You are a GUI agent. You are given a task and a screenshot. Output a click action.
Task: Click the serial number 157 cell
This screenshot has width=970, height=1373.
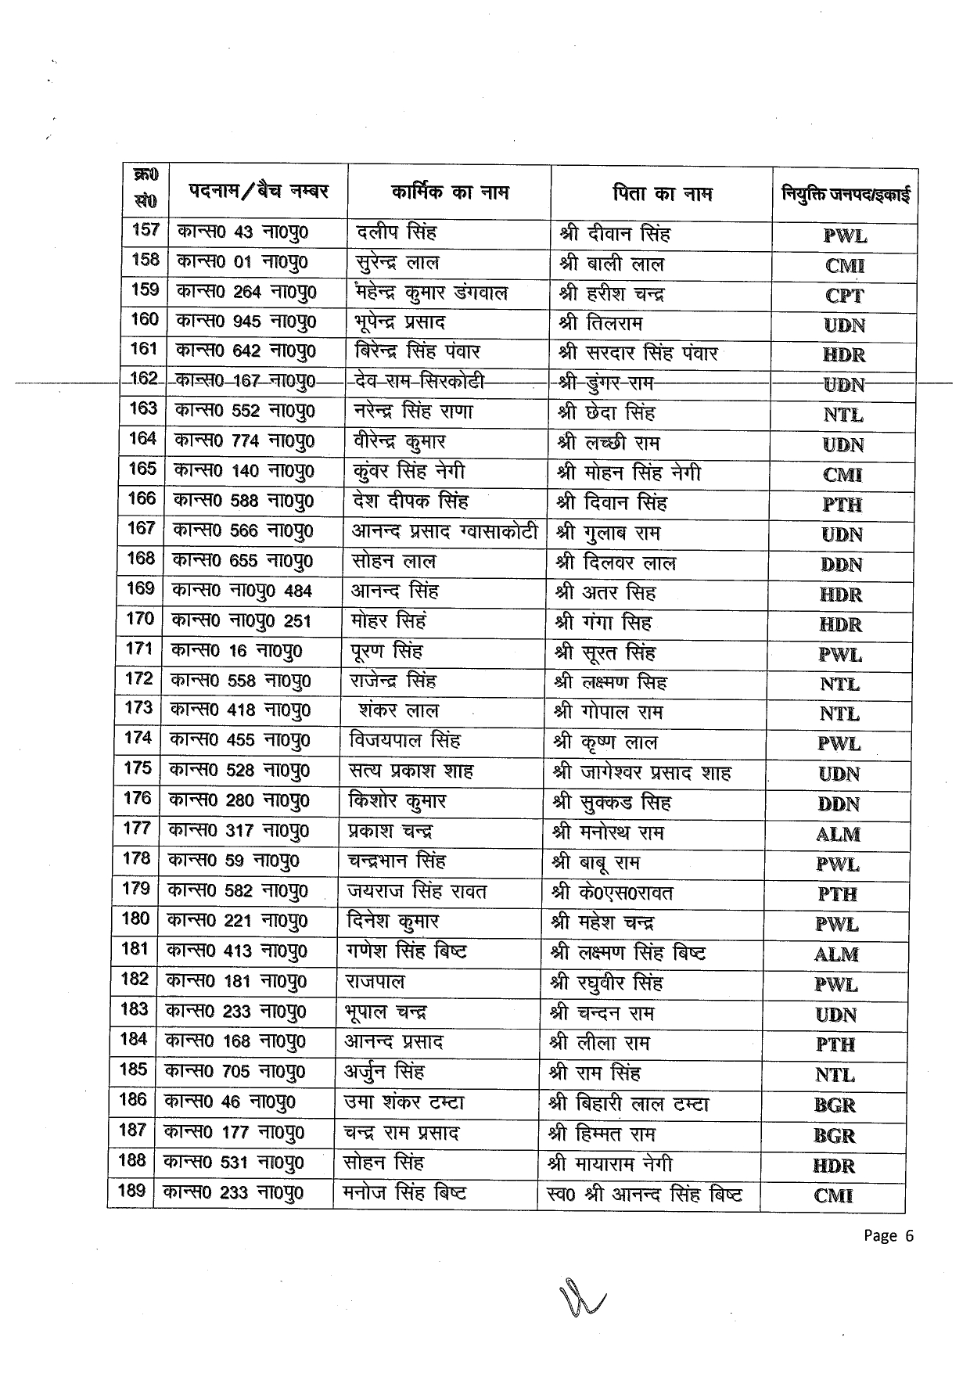click(145, 231)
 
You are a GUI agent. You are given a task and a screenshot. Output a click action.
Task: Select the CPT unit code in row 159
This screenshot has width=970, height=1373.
click(845, 296)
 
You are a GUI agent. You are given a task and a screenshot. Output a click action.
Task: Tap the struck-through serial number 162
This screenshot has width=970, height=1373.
click(144, 379)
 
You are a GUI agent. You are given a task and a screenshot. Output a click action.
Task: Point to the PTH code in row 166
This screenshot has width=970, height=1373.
click(842, 505)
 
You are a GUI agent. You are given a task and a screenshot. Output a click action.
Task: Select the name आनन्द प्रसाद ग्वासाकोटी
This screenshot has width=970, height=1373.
click(444, 532)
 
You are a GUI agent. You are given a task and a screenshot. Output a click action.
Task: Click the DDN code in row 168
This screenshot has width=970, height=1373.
click(842, 565)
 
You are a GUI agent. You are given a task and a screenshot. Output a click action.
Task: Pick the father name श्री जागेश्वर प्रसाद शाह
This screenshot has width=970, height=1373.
click(641, 773)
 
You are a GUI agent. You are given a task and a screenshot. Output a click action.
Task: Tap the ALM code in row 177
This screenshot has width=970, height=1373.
click(838, 834)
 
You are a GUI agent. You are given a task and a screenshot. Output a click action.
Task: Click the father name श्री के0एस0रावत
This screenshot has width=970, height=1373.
click(612, 893)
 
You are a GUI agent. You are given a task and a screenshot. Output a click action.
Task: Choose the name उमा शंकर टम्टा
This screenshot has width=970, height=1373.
click(404, 1102)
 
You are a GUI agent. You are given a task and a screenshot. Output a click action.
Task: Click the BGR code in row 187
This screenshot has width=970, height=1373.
click(835, 1135)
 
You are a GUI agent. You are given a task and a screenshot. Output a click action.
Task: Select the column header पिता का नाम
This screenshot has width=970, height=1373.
click(662, 193)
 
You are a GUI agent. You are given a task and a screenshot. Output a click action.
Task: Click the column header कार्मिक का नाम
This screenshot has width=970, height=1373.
click(450, 192)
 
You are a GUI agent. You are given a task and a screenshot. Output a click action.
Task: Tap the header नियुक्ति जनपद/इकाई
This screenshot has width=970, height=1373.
click(846, 194)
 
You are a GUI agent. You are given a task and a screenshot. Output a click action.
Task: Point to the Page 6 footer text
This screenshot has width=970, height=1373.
click(889, 1235)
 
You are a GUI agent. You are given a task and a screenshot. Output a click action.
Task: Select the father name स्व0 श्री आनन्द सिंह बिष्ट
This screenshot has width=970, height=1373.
click(644, 1194)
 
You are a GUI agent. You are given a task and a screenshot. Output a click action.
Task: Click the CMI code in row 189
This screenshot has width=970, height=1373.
click(833, 1195)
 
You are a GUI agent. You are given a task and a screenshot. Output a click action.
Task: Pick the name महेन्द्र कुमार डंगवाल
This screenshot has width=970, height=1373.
click(431, 293)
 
